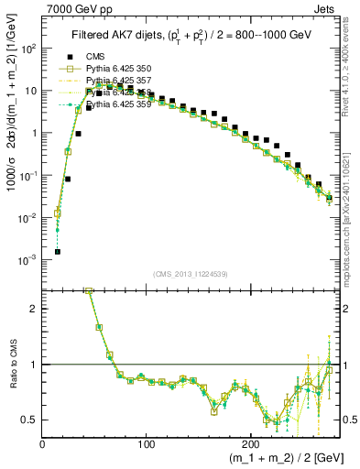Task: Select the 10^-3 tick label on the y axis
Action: point(29,260)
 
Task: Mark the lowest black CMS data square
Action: point(58,251)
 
